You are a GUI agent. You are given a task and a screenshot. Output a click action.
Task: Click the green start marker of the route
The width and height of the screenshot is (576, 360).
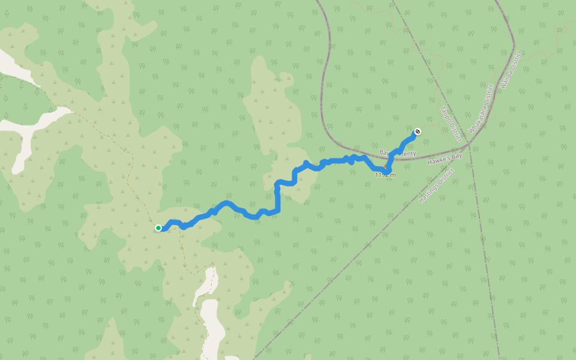point(158,228)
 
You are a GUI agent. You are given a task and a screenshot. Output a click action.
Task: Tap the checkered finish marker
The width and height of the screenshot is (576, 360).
point(418,131)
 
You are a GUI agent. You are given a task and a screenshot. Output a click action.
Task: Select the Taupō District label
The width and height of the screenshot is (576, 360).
point(450,121)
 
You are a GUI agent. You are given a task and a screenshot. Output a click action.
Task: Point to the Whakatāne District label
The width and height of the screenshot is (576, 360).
point(482,109)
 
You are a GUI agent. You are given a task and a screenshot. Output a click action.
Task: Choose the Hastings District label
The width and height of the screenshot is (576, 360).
point(436,185)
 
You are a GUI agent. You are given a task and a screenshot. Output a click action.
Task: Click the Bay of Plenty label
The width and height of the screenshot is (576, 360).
point(398,154)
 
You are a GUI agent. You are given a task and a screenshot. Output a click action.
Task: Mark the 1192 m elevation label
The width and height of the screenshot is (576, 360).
point(385,175)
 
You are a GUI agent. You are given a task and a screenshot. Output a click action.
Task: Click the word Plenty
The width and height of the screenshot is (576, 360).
point(407,154)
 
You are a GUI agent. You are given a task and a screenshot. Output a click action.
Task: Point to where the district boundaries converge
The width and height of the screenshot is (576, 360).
point(469,145)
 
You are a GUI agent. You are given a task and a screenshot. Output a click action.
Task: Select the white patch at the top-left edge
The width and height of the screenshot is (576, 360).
point(15,66)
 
